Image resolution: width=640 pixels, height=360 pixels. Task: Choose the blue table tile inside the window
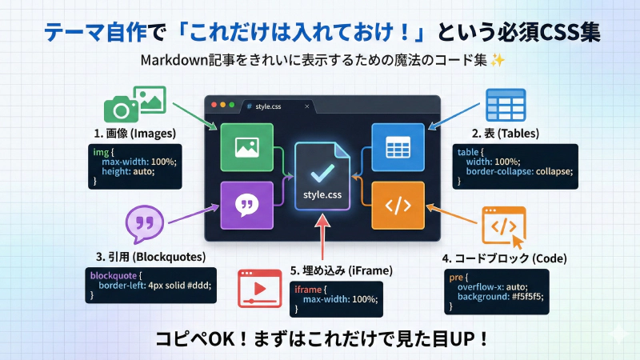tap(398, 147)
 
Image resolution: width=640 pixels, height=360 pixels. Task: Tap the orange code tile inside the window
tap(398, 205)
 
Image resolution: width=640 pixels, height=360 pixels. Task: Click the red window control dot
tap(213, 106)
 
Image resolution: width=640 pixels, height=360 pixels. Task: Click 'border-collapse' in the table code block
tap(502, 172)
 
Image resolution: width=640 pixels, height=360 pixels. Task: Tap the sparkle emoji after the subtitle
tap(497, 61)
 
